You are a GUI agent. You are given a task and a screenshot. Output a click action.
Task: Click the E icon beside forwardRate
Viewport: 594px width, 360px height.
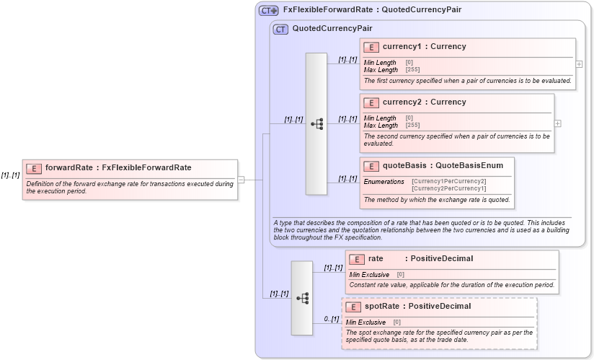33,168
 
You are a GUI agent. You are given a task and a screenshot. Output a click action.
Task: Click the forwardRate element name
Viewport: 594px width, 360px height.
68,167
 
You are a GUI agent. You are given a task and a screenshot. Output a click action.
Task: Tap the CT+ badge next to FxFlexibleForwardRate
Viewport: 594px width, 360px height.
269,10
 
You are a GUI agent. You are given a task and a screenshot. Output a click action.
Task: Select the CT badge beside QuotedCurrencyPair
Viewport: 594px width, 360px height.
280,29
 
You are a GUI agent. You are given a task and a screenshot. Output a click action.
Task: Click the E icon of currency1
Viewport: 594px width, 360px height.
371,47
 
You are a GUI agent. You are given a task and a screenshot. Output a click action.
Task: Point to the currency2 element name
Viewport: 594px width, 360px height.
403,102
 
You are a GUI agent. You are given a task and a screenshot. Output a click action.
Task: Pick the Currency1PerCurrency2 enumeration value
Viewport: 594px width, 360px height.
448,181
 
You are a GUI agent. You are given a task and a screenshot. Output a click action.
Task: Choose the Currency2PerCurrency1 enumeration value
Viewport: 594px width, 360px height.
448,188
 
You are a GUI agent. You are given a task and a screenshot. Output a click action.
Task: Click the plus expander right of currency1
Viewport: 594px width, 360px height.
579,63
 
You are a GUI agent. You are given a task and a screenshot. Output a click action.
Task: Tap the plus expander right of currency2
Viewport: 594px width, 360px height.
557,123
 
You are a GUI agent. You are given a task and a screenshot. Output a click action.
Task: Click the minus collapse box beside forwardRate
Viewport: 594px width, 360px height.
241,180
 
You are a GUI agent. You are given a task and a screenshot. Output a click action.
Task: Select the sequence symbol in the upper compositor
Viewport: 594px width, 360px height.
316,123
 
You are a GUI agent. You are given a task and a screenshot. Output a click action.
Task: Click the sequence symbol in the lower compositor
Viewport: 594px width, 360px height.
302,298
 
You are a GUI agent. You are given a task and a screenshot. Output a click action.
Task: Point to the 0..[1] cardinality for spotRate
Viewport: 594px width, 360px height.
331,319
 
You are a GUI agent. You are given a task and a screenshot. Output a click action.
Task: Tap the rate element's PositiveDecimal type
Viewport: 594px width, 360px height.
441,258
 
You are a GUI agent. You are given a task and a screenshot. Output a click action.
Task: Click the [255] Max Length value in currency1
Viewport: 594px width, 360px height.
413,70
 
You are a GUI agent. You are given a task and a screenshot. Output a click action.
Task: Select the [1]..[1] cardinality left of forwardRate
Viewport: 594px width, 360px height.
10,175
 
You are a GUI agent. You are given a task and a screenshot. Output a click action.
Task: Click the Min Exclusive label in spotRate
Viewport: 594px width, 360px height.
365,322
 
